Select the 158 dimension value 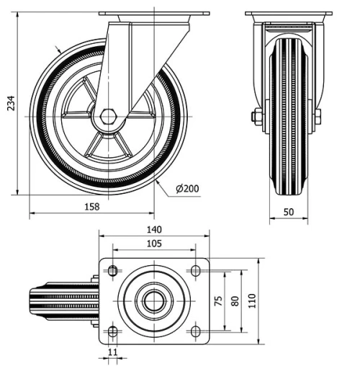pos(91,207)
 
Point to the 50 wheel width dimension pos(288,212)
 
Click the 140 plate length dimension pos(153,230)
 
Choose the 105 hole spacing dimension pos(153,244)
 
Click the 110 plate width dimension pos(252,300)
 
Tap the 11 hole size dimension pos(112,352)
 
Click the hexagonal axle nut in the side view pos(108,116)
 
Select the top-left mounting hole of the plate pos(112,270)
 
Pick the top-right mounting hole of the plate pos(194,270)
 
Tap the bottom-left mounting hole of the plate pos(112,331)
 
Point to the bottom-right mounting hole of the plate pos(194,331)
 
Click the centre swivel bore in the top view pos(153,300)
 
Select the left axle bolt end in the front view pos(256,116)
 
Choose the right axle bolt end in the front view pos(318,116)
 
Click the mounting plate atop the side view pos(153,14)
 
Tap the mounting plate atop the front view pos(288,14)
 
